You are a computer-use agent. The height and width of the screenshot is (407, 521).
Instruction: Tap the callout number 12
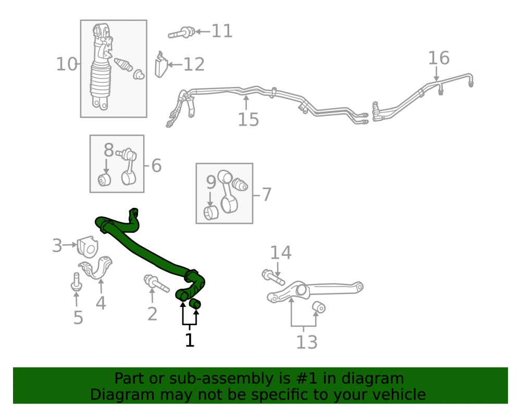(194, 64)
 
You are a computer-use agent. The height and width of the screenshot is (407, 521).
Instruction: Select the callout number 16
(439, 58)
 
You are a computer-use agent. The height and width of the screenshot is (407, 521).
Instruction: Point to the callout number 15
(248, 120)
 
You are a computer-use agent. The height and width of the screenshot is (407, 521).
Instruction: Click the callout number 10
(67, 64)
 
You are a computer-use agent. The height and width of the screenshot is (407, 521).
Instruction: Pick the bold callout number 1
(190, 340)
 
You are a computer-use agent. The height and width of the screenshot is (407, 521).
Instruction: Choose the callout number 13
(306, 342)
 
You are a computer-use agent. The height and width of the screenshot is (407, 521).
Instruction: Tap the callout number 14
(280, 253)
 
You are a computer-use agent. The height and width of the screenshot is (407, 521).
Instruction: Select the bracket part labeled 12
(161, 65)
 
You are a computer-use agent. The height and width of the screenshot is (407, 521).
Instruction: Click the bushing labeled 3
(88, 246)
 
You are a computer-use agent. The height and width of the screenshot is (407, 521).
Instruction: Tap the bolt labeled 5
(77, 282)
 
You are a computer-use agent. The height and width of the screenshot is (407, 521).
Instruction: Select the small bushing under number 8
(104, 180)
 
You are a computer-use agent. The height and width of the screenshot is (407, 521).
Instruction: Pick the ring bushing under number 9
(210, 213)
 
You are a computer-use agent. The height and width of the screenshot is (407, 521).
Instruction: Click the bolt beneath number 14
(273, 277)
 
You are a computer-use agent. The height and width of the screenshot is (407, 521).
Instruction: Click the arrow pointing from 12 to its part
(175, 65)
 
